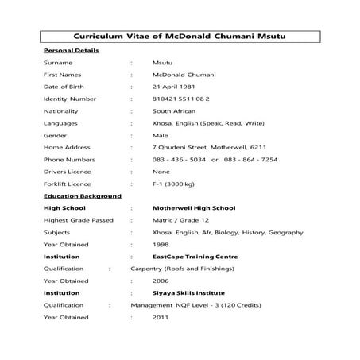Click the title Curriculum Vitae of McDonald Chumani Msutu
point(180,36)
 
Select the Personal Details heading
point(72,49)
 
